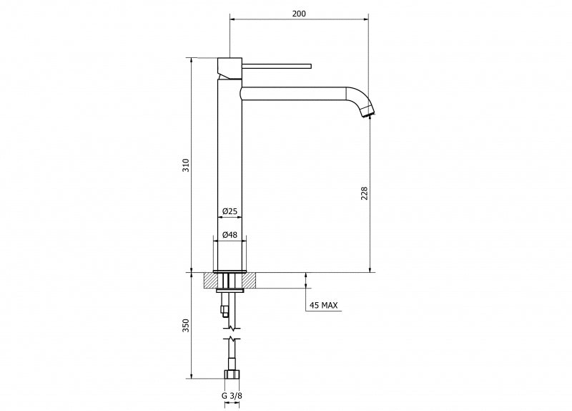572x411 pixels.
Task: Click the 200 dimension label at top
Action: tap(299, 14)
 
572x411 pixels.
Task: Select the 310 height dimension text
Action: tap(186, 165)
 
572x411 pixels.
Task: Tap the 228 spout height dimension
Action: tap(364, 193)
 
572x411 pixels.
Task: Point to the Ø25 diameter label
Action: tap(230, 211)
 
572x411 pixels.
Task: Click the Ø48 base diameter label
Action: tap(230, 235)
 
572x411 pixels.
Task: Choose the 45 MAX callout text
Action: tap(323, 305)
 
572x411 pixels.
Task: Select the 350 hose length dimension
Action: tap(186, 326)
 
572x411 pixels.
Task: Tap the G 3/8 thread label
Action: tap(232, 395)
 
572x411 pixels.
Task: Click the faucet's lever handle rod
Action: tap(277, 66)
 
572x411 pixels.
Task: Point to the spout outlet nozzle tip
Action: tap(368, 115)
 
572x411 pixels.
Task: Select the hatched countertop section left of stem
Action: tap(210, 280)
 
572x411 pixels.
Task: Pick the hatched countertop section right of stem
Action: tap(249, 280)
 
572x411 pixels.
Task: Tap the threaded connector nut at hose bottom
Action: tap(231, 374)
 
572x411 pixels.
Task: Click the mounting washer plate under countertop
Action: tap(230, 291)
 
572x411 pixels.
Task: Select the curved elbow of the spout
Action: tap(360, 99)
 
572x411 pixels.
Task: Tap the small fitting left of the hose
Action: tap(225, 311)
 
